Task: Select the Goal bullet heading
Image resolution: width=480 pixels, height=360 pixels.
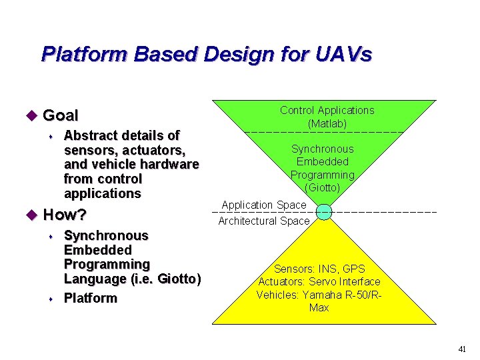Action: click(x=60, y=115)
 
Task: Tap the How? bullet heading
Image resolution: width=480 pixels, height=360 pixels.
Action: click(x=65, y=215)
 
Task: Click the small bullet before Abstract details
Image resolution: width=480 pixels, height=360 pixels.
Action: click(x=52, y=136)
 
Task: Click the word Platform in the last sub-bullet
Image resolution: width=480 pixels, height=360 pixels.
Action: click(x=90, y=298)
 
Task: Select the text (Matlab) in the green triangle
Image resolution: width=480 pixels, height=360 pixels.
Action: click(x=327, y=123)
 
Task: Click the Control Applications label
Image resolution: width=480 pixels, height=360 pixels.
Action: click(x=327, y=111)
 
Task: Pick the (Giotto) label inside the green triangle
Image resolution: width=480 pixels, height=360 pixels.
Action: click(x=323, y=187)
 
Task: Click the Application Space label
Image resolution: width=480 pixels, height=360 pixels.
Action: click(x=264, y=205)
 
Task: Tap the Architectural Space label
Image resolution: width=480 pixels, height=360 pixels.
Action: click(x=264, y=221)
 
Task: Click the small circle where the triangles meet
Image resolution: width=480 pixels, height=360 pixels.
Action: click(x=323, y=212)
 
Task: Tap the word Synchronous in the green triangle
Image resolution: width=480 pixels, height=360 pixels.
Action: click(x=323, y=149)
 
